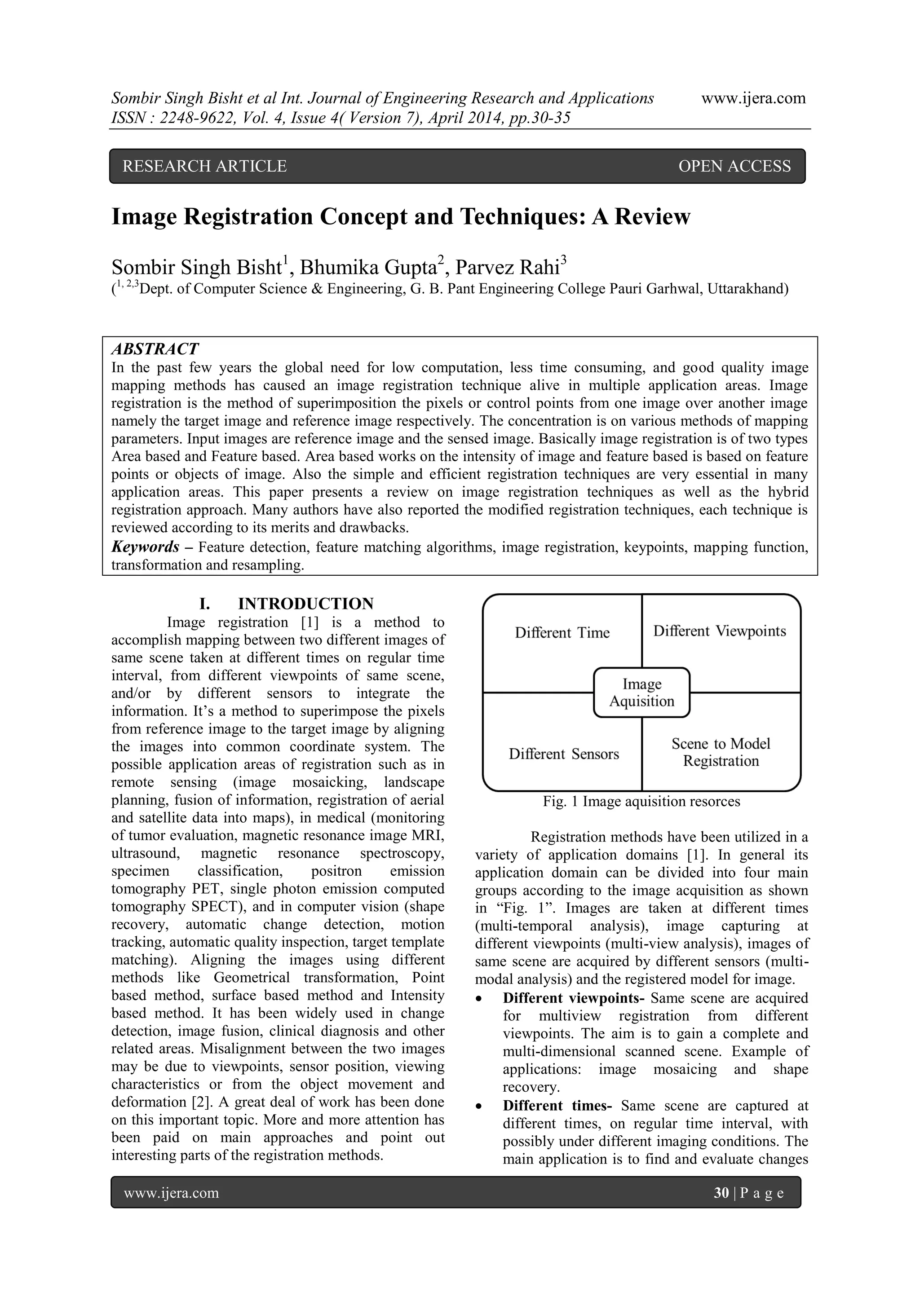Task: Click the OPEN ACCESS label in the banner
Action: (x=734, y=166)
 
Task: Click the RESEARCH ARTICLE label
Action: (x=205, y=166)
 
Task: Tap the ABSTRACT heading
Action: (x=155, y=348)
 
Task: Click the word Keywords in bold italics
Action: (x=145, y=547)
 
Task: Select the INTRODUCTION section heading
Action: (x=305, y=603)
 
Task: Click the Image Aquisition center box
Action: (x=641, y=692)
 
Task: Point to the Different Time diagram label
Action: (x=562, y=632)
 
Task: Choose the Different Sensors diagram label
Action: (x=563, y=754)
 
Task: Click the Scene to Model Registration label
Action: (x=721, y=752)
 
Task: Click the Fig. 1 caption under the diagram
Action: (x=641, y=801)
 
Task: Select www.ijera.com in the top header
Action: (x=753, y=98)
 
